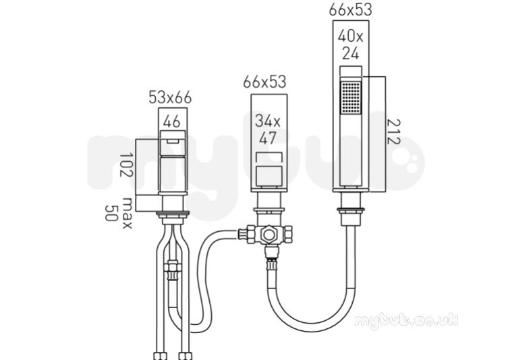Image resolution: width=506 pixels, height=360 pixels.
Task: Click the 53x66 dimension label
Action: tap(170, 98)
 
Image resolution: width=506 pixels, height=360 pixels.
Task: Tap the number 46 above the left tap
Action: tap(171, 122)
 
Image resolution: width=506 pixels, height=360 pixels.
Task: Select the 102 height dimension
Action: tap(126, 165)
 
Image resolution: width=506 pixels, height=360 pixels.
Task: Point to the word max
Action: tap(127, 213)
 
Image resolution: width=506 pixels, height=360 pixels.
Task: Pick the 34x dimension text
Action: tap(268, 121)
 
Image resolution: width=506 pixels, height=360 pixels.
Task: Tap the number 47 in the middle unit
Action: tap(268, 138)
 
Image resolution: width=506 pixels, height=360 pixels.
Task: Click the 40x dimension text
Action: tap(350, 36)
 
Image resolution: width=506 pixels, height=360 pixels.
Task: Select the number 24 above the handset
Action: tap(350, 53)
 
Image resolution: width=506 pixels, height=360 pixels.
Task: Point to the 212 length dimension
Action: tap(393, 131)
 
